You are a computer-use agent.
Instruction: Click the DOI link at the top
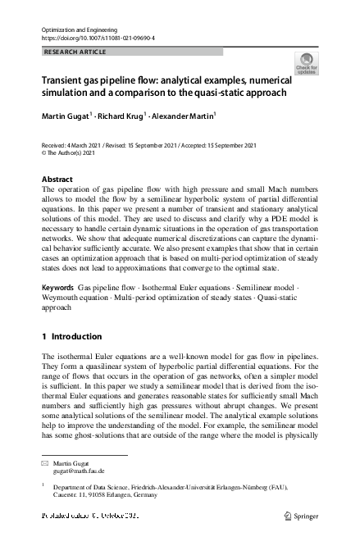[x=98, y=38]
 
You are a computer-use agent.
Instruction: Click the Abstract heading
[x=57, y=179]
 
